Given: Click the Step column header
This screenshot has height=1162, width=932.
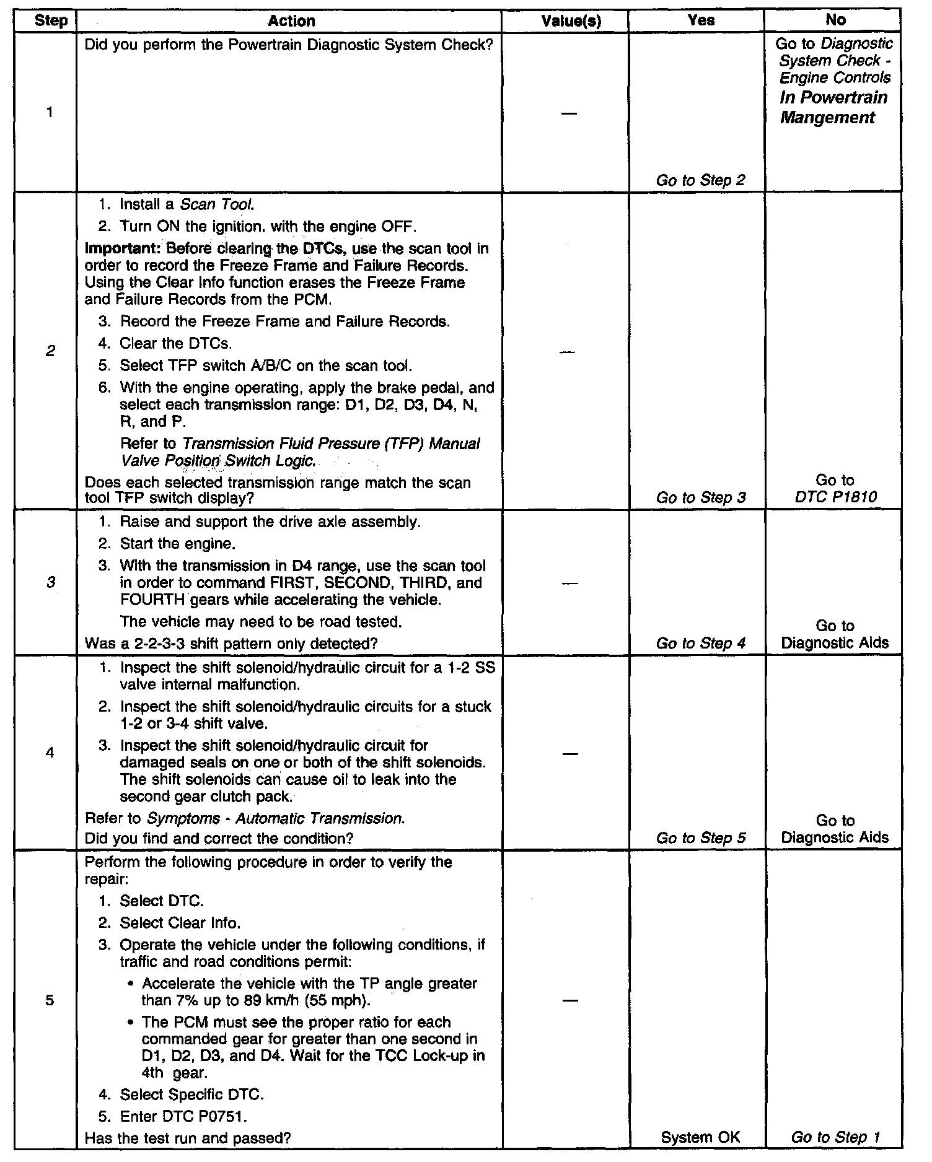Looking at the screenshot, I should tap(51, 20).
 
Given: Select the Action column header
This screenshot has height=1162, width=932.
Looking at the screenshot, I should tap(291, 20).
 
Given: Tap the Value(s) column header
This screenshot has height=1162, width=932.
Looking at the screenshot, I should tap(571, 20).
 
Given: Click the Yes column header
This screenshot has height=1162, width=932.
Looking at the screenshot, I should tap(701, 20).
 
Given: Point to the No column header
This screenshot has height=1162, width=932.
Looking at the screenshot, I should tap(835, 20).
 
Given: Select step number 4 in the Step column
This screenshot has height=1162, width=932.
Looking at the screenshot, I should tap(50, 753).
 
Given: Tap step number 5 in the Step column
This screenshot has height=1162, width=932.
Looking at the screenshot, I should tap(50, 1000).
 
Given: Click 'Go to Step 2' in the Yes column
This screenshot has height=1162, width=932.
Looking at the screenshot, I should tap(700, 180).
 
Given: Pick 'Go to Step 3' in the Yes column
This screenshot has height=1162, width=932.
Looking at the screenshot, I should tap(700, 497).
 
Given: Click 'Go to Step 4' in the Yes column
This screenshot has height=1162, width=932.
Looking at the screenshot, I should tap(700, 643).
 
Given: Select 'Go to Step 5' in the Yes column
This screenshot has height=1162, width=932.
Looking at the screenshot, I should tap(700, 838).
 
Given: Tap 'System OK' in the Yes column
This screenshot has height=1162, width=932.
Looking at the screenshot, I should tap(700, 1137).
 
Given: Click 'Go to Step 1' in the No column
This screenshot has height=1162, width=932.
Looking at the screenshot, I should tap(835, 1137).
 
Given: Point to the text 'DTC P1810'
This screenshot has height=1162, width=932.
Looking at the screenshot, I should tap(835, 497).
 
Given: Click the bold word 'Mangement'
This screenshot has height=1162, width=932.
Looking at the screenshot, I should tap(827, 118).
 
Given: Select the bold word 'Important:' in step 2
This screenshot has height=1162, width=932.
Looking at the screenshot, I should tap(115, 249).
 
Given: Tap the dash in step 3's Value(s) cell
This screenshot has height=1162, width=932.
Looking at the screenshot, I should tap(571, 583).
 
